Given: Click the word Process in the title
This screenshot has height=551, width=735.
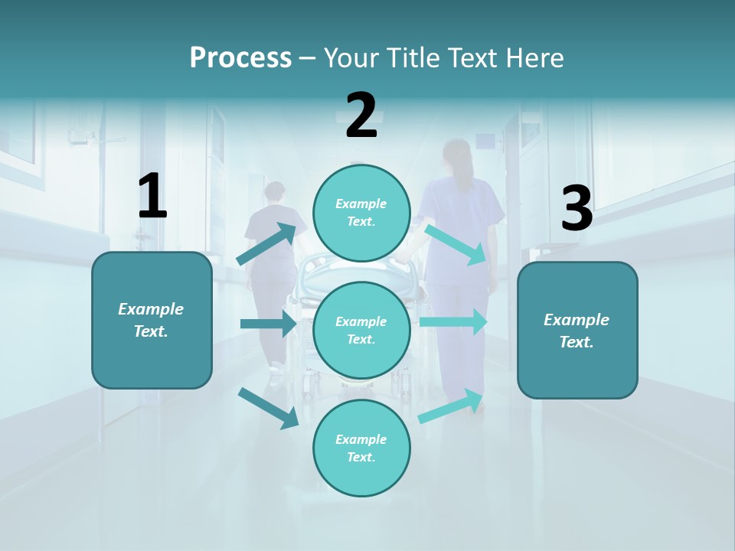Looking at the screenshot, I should point(240,58).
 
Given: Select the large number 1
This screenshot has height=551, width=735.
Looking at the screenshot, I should point(152,197).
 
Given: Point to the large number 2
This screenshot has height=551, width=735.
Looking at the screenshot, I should point(361,116).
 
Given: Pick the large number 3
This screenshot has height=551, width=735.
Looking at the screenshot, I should point(577,209).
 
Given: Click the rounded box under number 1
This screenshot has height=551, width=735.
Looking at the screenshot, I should point(152,320).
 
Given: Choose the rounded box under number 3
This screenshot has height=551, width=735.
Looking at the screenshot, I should point(577,331).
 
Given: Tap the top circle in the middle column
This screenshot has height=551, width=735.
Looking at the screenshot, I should point(361,213).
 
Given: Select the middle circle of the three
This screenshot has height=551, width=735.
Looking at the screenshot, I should point(361,331).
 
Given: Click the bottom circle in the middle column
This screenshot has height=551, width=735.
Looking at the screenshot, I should point(361,448).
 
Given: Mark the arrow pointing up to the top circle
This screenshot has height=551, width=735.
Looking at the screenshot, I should point(267,243).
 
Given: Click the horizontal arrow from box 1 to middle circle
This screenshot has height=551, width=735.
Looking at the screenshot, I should point(269,324).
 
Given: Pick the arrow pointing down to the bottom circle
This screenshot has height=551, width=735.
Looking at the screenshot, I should point(269,407).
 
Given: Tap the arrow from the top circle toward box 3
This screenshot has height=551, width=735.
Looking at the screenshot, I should point(456,244).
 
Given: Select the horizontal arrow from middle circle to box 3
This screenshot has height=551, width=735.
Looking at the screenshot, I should point(454,321).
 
